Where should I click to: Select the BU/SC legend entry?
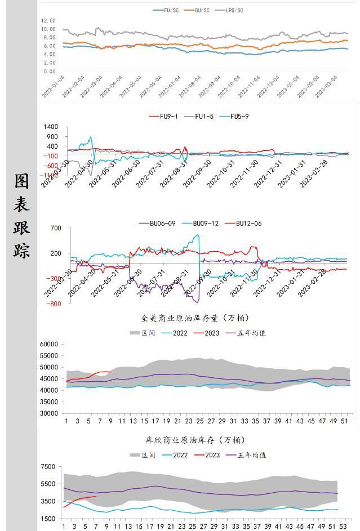click(202, 10)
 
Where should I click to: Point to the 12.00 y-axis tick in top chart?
click(48, 20)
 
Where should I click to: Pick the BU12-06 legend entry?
click(248, 224)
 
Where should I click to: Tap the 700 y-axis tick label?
click(55, 228)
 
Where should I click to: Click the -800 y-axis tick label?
click(54, 304)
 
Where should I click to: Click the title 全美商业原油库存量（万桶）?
click(195, 318)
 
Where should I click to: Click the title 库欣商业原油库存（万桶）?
click(195, 440)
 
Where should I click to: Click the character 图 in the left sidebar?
click(22, 181)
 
